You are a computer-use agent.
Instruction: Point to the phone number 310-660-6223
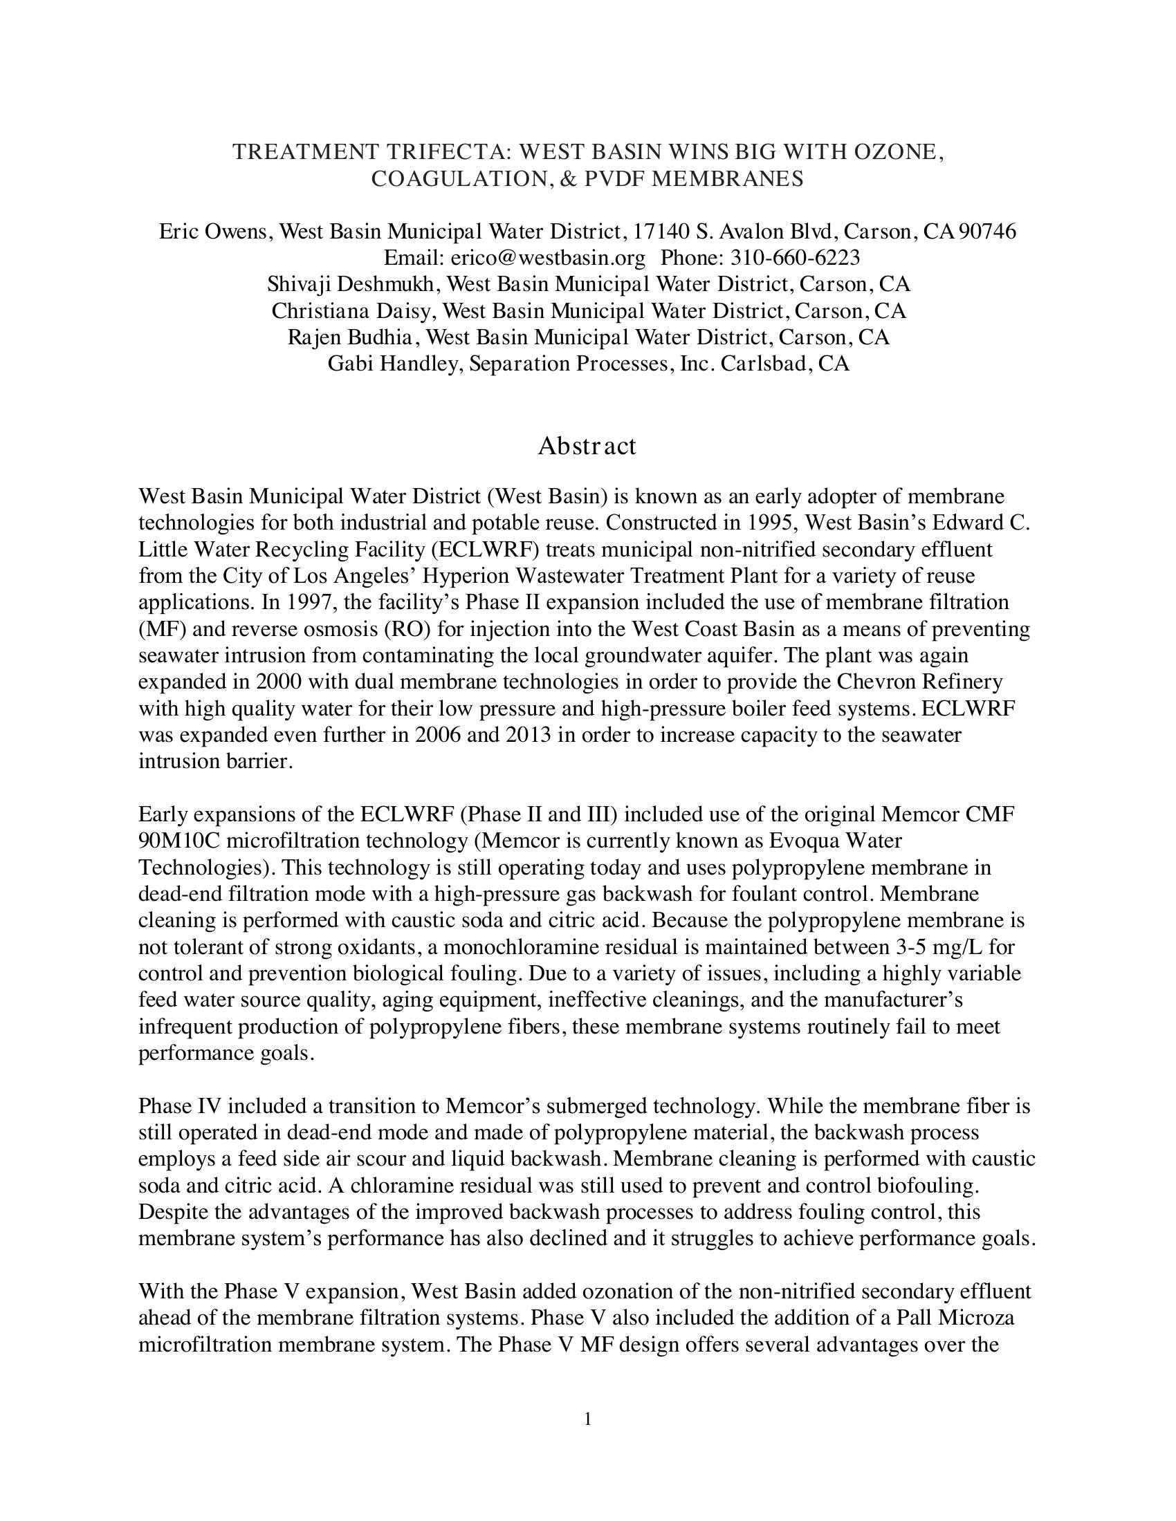click(x=795, y=258)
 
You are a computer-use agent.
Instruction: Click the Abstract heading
click(x=587, y=446)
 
